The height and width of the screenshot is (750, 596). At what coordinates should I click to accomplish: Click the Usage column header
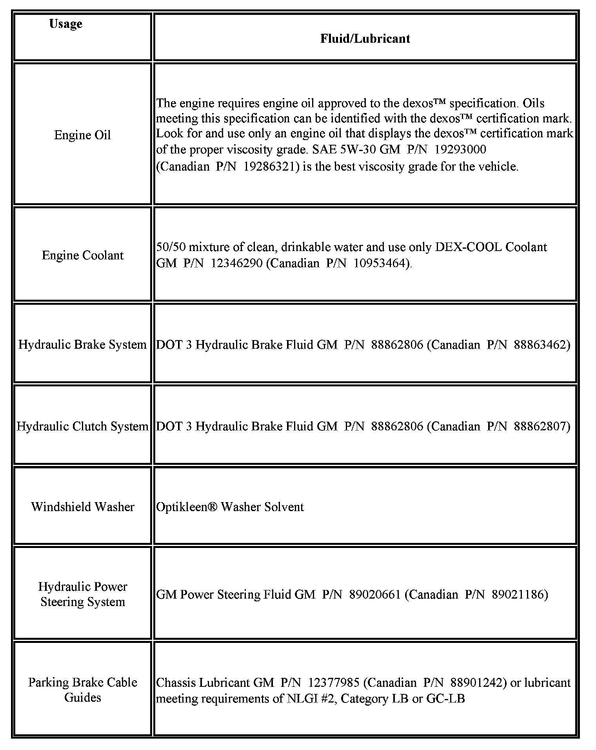65,24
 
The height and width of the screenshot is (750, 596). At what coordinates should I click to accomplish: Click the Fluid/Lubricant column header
365,38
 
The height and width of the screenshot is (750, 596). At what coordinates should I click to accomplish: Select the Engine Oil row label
82,135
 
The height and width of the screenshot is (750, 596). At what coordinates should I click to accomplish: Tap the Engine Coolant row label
82,255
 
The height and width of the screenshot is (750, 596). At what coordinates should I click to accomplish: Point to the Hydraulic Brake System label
82,344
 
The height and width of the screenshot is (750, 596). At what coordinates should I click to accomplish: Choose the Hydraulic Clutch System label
82,426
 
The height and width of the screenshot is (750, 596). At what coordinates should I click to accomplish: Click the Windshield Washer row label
82,506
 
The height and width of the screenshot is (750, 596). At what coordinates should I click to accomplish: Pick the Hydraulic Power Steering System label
82,594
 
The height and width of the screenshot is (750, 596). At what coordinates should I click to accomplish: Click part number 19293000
461,149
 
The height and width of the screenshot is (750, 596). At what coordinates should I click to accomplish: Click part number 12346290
236,263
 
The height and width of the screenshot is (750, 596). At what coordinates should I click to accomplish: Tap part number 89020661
374,594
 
